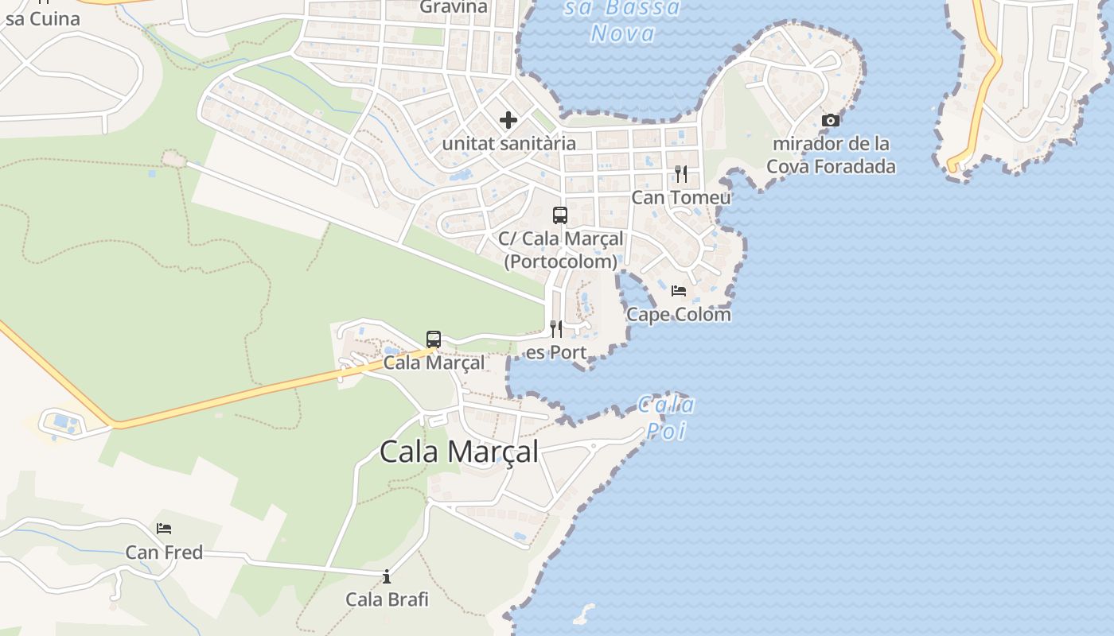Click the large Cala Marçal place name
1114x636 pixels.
coord(459,452)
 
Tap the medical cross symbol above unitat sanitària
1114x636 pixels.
coord(508,121)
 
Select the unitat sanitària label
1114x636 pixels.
coord(508,144)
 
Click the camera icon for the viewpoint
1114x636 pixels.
coord(831,120)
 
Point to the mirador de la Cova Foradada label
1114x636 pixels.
coord(831,155)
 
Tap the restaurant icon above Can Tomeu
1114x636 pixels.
coord(681,173)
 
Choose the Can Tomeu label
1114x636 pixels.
coord(681,197)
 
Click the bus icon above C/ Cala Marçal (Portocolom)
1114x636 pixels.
coord(560,215)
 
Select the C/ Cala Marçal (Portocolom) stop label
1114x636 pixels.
coord(561,250)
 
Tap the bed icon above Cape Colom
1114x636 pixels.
coord(679,291)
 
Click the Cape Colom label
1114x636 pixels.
coord(679,314)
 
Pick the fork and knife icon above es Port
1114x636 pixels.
coord(557,328)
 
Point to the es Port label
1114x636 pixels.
coord(557,352)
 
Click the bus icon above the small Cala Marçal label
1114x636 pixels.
coord(434,339)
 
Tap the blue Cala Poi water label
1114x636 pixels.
coord(667,417)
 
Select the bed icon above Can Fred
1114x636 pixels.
coord(164,528)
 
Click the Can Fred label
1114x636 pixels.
coord(164,552)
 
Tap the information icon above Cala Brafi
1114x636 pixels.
coord(387,576)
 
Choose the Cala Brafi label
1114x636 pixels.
coord(387,599)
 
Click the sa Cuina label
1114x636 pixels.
coord(42,18)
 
